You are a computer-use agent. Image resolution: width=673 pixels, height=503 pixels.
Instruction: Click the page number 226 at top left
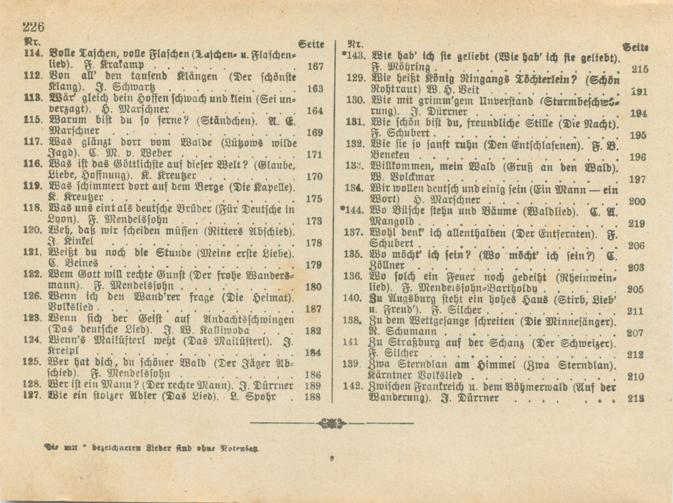click(33, 26)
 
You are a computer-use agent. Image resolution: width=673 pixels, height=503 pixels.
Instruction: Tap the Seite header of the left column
click(311, 44)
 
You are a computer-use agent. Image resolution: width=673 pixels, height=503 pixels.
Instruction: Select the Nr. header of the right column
click(356, 44)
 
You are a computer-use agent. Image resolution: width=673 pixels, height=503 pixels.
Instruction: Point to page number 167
click(315, 66)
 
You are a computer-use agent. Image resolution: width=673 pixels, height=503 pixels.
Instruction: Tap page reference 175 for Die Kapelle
click(314, 199)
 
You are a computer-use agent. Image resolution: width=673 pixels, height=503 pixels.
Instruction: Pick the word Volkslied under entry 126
click(70, 308)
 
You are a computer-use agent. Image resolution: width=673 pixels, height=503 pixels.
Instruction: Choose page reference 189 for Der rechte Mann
click(313, 386)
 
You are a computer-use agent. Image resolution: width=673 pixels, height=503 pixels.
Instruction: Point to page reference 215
click(640, 69)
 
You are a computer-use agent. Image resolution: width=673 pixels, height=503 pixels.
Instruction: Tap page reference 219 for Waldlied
click(637, 224)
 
